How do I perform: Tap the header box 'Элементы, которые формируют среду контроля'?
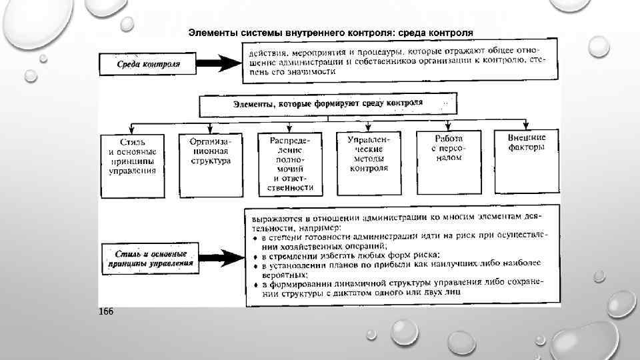[327, 104]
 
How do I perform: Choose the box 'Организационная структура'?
[210, 151]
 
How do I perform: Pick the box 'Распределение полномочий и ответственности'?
[289, 164]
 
